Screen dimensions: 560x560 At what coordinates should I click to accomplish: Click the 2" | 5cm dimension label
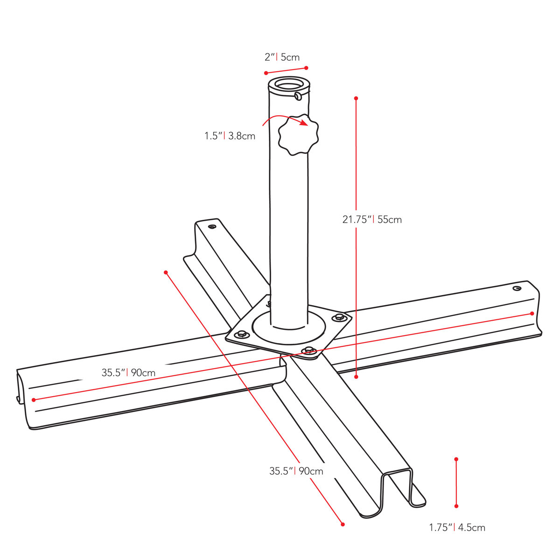(282, 57)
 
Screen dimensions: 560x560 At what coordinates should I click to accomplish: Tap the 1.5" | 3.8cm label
(230, 136)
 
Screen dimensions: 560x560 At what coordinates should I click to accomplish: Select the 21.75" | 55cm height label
(372, 220)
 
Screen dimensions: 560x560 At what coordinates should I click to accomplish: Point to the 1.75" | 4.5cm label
(457, 527)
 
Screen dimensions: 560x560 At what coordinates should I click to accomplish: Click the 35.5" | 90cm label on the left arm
(128, 372)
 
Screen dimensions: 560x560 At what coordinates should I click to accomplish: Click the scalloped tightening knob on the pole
(298, 134)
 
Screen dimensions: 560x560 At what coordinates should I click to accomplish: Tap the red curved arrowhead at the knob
(304, 122)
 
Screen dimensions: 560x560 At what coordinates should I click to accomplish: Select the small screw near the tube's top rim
(298, 96)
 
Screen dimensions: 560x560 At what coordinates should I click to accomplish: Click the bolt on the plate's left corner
(241, 334)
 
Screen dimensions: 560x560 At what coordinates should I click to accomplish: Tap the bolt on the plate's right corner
(339, 317)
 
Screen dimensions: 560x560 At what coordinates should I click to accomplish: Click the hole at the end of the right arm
(517, 288)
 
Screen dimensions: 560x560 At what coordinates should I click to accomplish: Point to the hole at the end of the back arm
(212, 226)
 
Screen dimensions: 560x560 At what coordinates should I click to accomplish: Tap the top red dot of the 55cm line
(356, 98)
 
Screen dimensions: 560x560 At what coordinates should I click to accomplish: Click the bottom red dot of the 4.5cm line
(456, 506)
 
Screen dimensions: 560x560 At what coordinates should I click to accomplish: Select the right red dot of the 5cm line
(306, 68)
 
